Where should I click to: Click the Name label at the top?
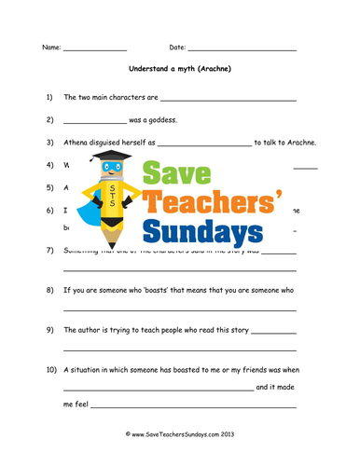click(50, 47)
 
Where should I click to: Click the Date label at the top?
click(177, 47)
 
